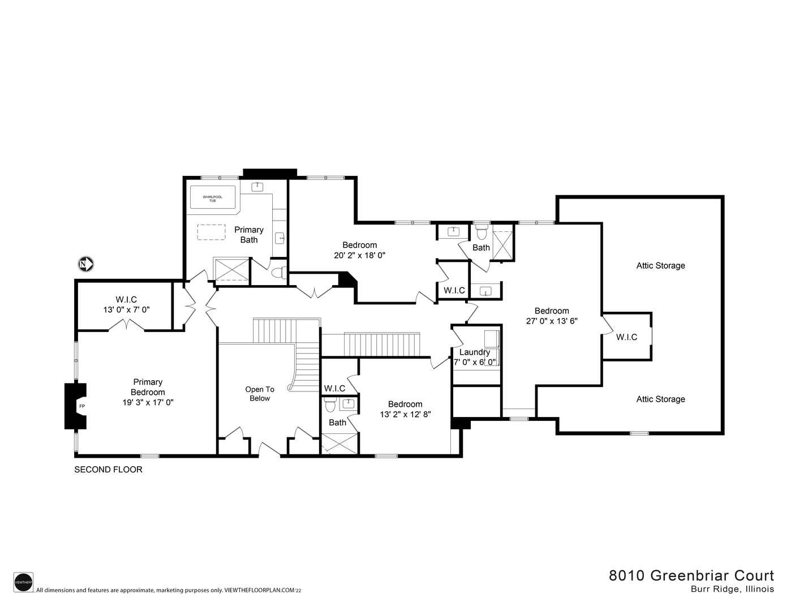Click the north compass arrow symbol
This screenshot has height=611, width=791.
tap(85, 264)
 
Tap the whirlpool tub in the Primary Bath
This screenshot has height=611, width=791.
tap(213, 198)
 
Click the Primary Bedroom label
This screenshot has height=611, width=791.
tap(148, 387)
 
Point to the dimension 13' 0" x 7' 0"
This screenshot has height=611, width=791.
tap(126, 309)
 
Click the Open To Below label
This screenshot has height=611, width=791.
tap(260, 394)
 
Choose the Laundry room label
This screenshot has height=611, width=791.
tap(474, 352)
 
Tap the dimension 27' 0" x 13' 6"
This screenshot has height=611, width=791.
tap(552, 320)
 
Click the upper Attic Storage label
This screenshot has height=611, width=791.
tap(660, 265)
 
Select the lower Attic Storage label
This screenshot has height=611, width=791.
tap(660, 399)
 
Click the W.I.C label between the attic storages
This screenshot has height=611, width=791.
tap(626, 337)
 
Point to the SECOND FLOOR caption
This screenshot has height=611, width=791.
tap(109, 470)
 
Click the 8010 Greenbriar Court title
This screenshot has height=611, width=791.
tap(691, 575)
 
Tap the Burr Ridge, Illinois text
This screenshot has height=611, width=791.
tap(732, 589)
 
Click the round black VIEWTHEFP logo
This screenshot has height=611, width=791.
tap(23, 582)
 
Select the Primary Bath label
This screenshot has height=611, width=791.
tap(249, 234)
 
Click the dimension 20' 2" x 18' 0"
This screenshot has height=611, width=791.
tap(360, 255)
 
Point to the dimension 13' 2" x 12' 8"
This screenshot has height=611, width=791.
tap(405, 414)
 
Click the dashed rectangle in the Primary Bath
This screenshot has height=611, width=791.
tap(211, 233)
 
